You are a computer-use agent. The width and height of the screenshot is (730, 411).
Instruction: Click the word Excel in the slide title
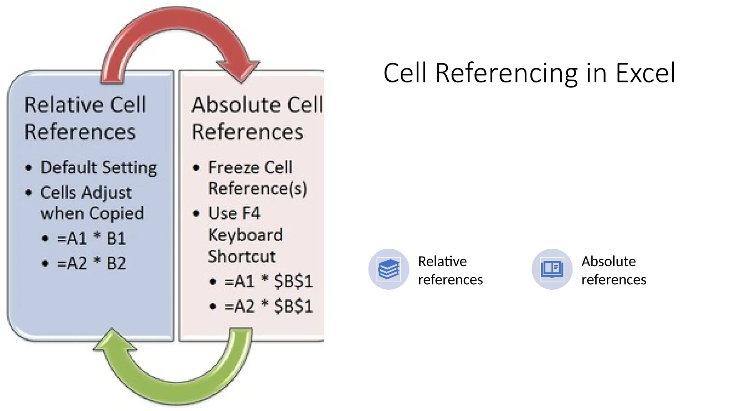point(645,73)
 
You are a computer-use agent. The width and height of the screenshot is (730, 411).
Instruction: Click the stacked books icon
point(389,269)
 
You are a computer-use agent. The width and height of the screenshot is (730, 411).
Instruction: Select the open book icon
point(552,269)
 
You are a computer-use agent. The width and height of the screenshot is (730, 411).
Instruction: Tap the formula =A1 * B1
point(91,238)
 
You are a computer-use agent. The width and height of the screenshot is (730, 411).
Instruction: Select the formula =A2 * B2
point(91,263)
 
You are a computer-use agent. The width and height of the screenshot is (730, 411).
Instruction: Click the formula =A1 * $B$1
point(268,281)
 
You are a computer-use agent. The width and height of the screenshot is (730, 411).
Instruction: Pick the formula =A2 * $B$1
point(268,306)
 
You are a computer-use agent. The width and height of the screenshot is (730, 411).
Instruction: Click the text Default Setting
point(99,168)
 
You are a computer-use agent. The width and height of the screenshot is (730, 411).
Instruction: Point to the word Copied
point(117,213)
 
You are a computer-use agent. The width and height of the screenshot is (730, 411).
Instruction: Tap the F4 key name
point(251,213)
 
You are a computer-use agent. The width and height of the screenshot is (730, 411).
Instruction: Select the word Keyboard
point(246,235)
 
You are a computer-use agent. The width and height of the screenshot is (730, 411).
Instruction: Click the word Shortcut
point(242,256)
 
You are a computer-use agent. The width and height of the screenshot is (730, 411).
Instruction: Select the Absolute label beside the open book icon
point(608,262)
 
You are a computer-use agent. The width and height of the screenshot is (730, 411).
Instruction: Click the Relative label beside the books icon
point(442,262)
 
